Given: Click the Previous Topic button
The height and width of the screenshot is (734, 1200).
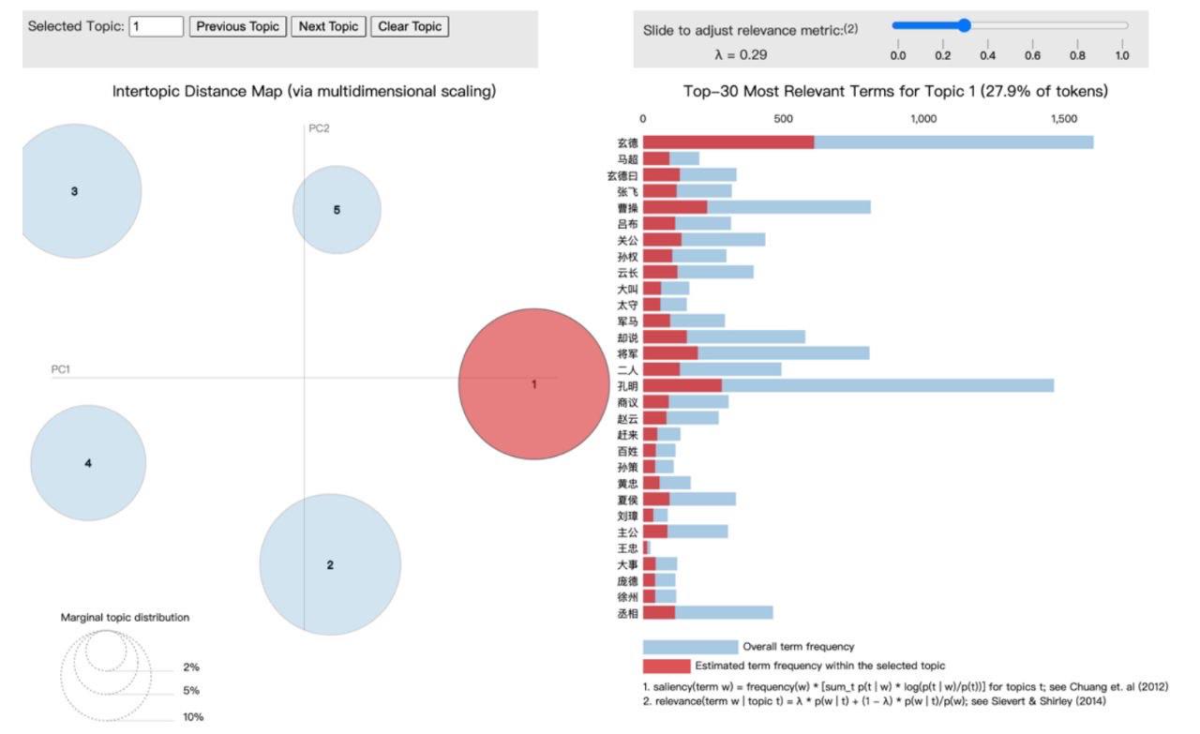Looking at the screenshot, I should [238, 26].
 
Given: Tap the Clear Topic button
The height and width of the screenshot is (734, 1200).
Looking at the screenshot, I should [410, 26].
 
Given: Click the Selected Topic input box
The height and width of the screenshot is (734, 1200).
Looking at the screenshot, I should [156, 26].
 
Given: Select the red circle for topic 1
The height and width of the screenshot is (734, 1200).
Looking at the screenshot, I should [533, 383].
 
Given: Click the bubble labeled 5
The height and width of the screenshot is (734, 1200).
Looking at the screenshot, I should [337, 210].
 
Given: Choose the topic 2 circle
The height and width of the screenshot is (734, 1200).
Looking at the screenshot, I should [330, 564].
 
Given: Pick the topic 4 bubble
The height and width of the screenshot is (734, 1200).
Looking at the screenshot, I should [88, 463].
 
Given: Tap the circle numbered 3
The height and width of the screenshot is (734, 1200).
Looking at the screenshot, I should [75, 191].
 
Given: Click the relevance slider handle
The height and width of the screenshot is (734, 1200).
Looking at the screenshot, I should [964, 25].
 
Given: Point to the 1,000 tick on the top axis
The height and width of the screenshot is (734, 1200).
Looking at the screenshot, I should [923, 119].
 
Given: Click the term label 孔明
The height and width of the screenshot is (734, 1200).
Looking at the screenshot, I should [628, 385].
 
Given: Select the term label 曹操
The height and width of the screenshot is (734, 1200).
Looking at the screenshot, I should [628, 207].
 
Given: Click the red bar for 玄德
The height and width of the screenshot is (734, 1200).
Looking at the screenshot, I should [728, 142].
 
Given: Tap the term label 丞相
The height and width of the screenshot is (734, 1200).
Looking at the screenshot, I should [628, 613].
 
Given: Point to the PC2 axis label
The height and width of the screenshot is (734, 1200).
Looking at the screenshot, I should [319, 128].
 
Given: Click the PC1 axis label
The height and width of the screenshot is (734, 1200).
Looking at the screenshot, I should [60, 369].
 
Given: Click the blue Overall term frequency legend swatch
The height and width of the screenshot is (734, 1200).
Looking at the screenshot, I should [690, 647].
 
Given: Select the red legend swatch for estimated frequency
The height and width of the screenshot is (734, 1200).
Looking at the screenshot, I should [667, 667].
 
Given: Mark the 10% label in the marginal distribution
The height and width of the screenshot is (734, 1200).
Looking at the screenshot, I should [192, 717].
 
